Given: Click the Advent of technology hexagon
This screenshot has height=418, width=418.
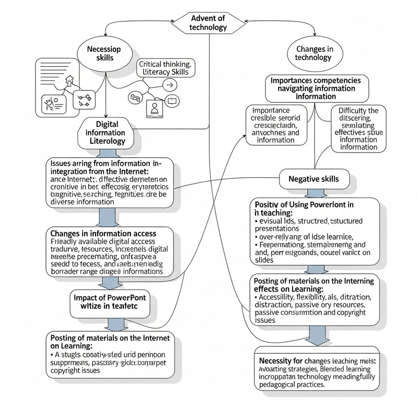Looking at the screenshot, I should click(209, 22).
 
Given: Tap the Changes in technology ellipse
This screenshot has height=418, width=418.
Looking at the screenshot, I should click(313, 53).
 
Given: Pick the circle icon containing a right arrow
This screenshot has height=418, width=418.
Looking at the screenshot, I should click(168, 85).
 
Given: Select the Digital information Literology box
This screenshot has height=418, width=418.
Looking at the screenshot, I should click(108, 133).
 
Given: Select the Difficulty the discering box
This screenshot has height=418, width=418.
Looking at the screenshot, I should click(358, 129).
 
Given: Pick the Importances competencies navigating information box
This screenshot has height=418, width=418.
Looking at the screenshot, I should click(316, 88).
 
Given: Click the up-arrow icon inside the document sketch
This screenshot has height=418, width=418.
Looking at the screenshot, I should click(68, 82).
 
